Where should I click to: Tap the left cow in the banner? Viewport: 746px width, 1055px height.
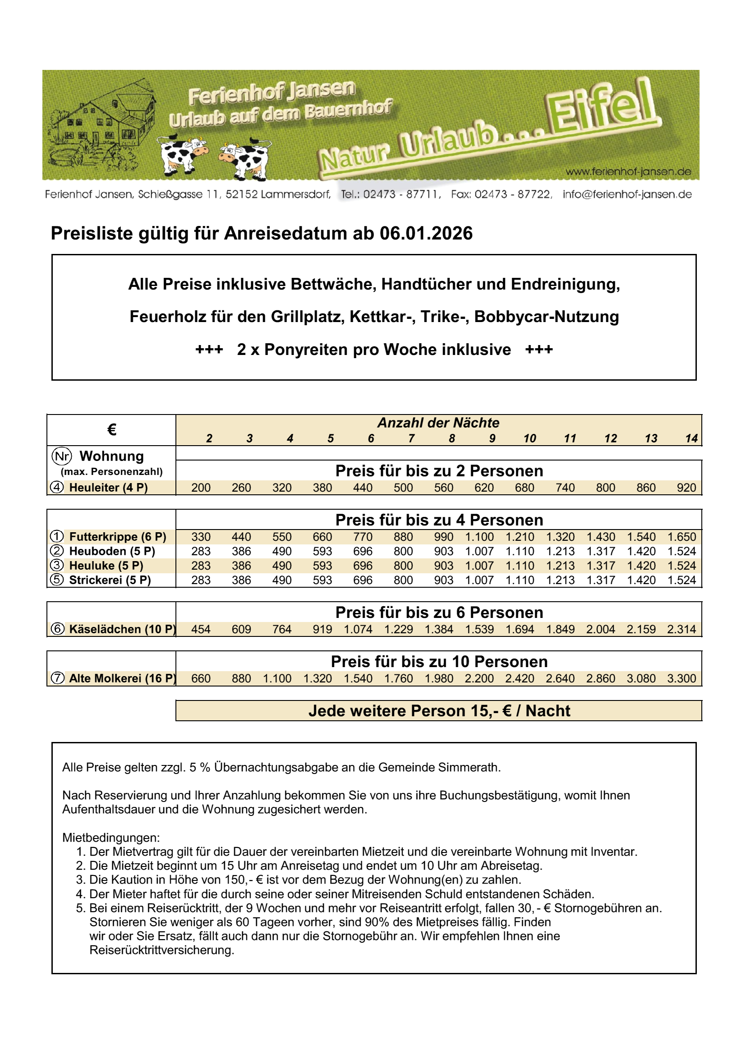click(182, 154)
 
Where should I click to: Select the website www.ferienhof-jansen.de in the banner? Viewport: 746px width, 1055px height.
click(628, 172)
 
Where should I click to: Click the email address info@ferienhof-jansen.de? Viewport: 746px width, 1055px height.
click(627, 194)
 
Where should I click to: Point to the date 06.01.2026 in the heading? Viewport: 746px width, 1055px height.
click(426, 234)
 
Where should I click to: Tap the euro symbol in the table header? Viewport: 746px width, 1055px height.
click(111, 430)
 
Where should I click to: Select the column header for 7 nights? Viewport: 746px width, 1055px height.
click(411, 438)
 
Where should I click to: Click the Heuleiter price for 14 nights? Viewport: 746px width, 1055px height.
click(686, 488)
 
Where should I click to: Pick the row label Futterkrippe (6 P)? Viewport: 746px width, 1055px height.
click(118, 537)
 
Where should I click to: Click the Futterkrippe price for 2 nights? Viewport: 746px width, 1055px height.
click(201, 537)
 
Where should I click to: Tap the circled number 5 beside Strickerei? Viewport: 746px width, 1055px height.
click(57, 580)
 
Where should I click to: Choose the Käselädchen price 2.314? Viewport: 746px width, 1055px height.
click(682, 629)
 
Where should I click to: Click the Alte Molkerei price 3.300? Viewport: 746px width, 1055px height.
click(682, 678)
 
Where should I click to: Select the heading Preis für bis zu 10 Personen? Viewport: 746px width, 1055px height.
click(439, 661)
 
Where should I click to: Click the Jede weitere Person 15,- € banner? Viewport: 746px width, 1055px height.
click(439, 710)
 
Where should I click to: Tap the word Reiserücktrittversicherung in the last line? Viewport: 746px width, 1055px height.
click(162, 950)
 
